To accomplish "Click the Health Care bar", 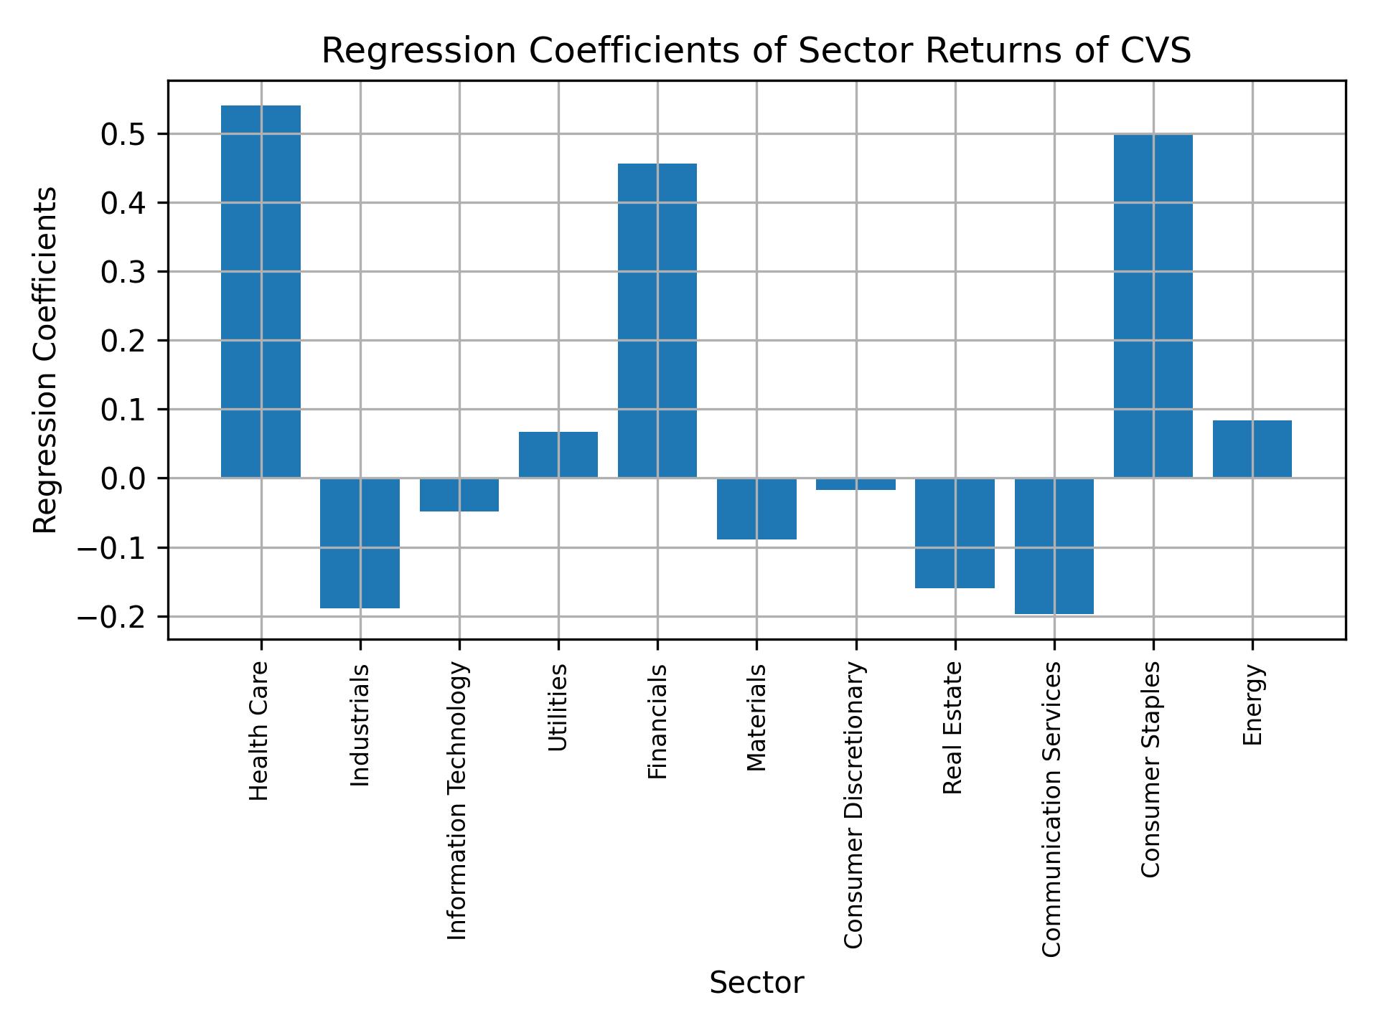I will point(261,291).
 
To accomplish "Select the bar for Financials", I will point(657,321).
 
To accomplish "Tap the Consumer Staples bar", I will point(1153,306).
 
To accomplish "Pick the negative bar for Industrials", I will point(360,543).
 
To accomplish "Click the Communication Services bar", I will point(1054,546).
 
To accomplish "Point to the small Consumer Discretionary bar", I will point(856,484).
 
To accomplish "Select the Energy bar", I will point(1252,449).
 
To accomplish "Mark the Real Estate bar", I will point(955,533).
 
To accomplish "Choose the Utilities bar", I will point(558,455).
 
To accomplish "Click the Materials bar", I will point(756,509).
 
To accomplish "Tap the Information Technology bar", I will point(459,495).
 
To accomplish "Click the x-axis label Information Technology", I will point(458,801).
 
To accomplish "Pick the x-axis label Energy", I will point(1252,705).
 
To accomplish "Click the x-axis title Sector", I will point(756,983).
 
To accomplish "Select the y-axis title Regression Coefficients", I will point(46,360).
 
